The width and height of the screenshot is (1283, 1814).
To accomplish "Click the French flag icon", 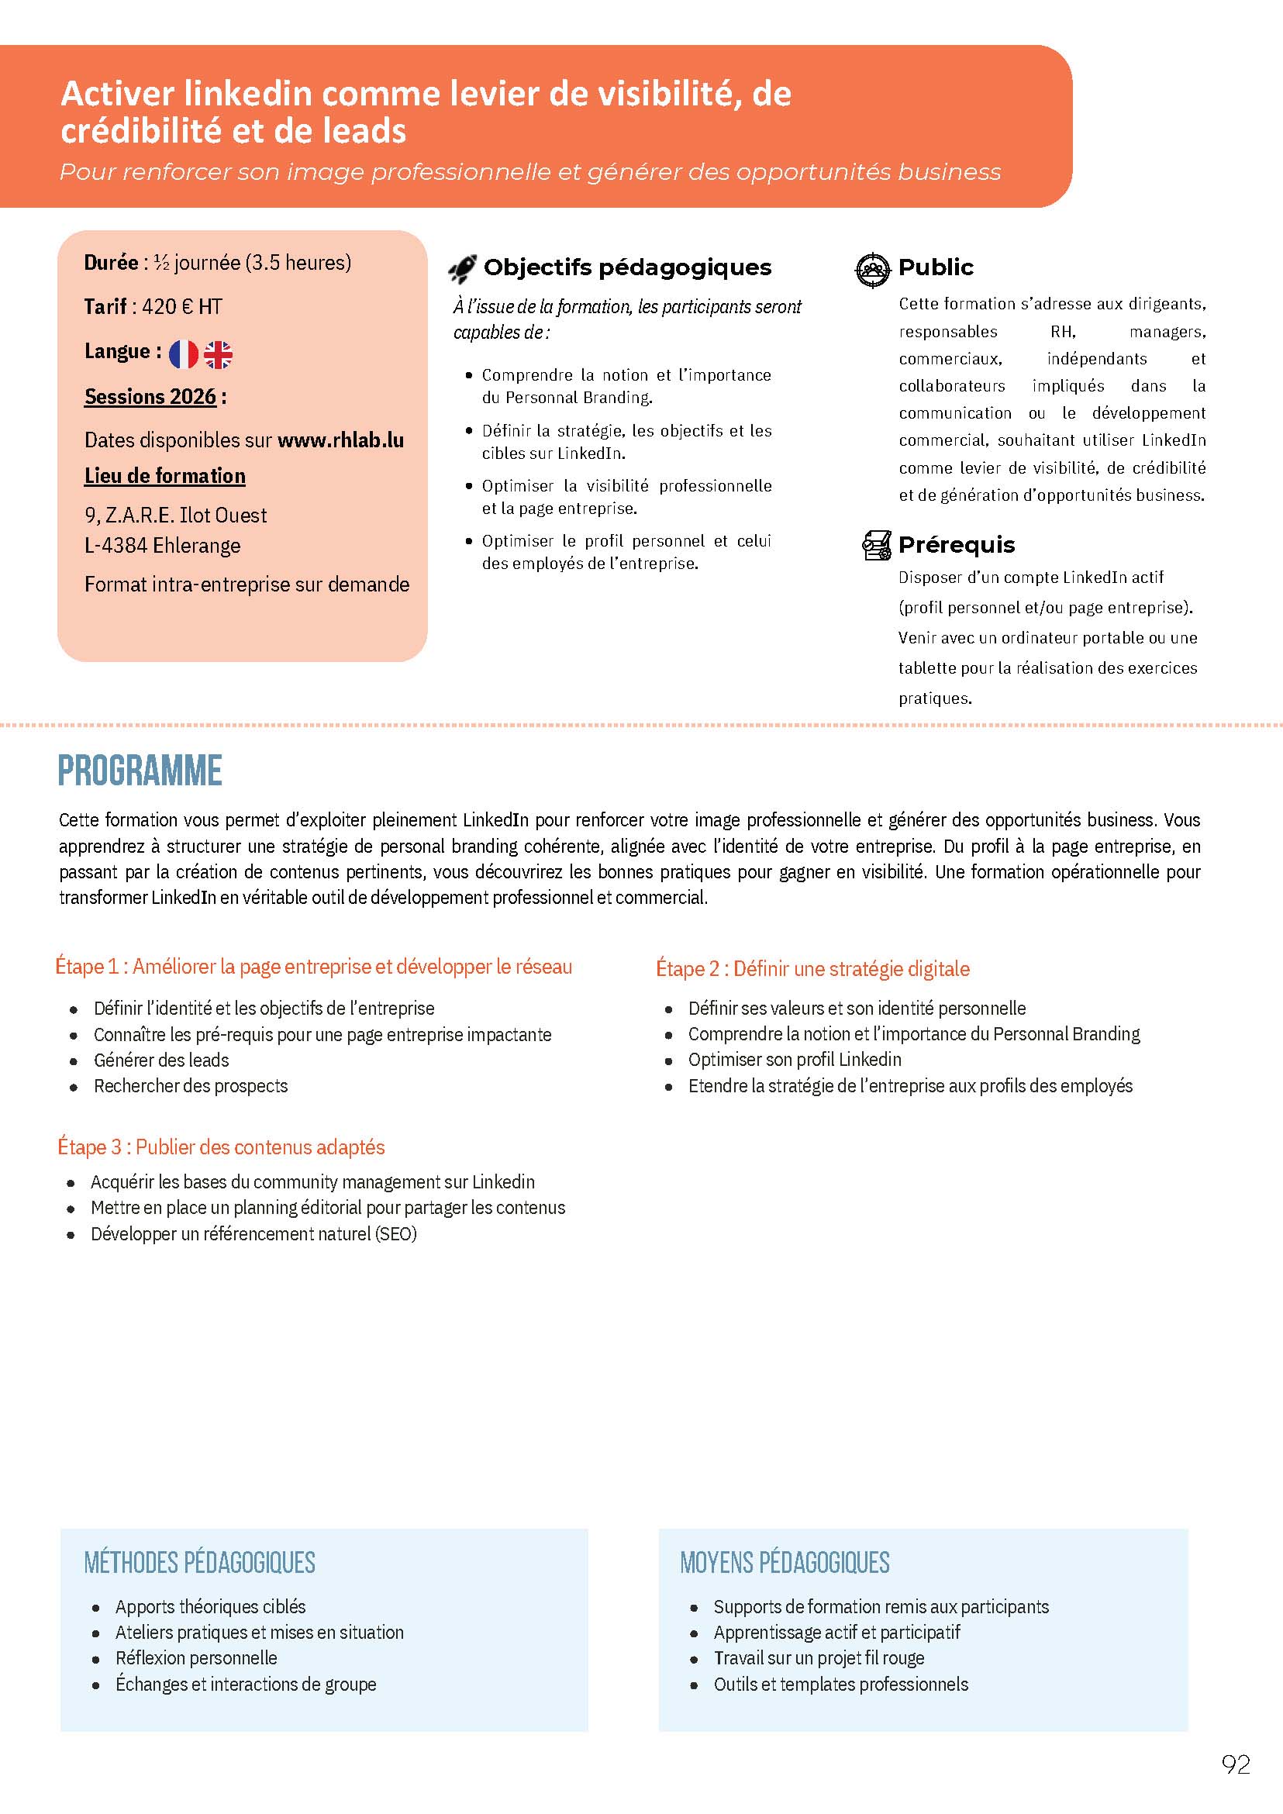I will tap(183, 355).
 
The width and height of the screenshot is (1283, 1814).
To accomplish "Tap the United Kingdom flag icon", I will tap(218, 355).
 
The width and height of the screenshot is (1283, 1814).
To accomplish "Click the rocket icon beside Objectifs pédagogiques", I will tap(462, 270).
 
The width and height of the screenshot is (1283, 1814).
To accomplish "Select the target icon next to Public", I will tap(872, 270).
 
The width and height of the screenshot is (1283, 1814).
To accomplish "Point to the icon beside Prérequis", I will tap(876, 545).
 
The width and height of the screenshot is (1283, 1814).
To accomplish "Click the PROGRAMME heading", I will tap(140, 771).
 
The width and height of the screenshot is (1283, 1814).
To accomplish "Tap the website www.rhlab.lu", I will tap(340, 440).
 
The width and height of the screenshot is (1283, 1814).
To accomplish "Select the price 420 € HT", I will tap(182, 306).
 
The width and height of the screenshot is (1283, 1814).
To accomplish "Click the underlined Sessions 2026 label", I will tap(150, 397).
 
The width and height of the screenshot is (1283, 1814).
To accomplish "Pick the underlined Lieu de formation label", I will tap(164, 476).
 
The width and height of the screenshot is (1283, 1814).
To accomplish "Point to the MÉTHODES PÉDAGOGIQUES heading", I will tap(200, 1562).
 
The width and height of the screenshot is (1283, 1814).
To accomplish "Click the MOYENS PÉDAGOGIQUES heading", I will tap(785, 1562).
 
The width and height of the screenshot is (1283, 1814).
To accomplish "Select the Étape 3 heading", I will tap(221, 1147).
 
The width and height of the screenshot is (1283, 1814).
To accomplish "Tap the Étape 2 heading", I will tap(812, 968).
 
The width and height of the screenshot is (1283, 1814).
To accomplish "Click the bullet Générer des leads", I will tap(161, 1060).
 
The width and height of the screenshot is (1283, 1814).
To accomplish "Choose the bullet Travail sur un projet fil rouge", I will tap(819, 1658).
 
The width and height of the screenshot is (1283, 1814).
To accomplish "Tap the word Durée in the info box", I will tap(112, 262).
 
